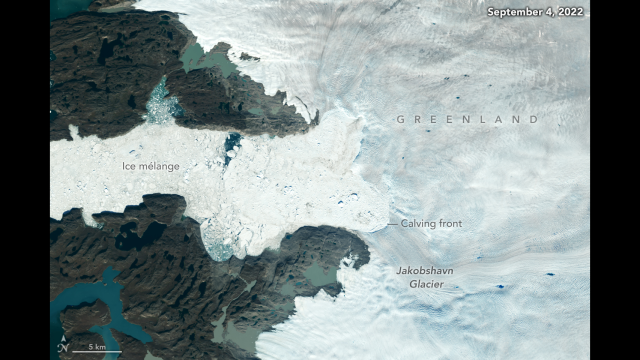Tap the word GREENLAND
point(468,119)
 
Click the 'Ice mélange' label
point(151,166)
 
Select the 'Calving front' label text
point(432,224)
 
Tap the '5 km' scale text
point(97,346)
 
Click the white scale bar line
point(97,352)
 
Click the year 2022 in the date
point(570,13)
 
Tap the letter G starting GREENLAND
point(400,119)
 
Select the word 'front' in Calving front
point(449,224)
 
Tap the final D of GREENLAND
point(535,119)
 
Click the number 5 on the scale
point(90,346)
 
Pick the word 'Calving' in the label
point(419,224)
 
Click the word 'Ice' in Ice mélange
point(129,166)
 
